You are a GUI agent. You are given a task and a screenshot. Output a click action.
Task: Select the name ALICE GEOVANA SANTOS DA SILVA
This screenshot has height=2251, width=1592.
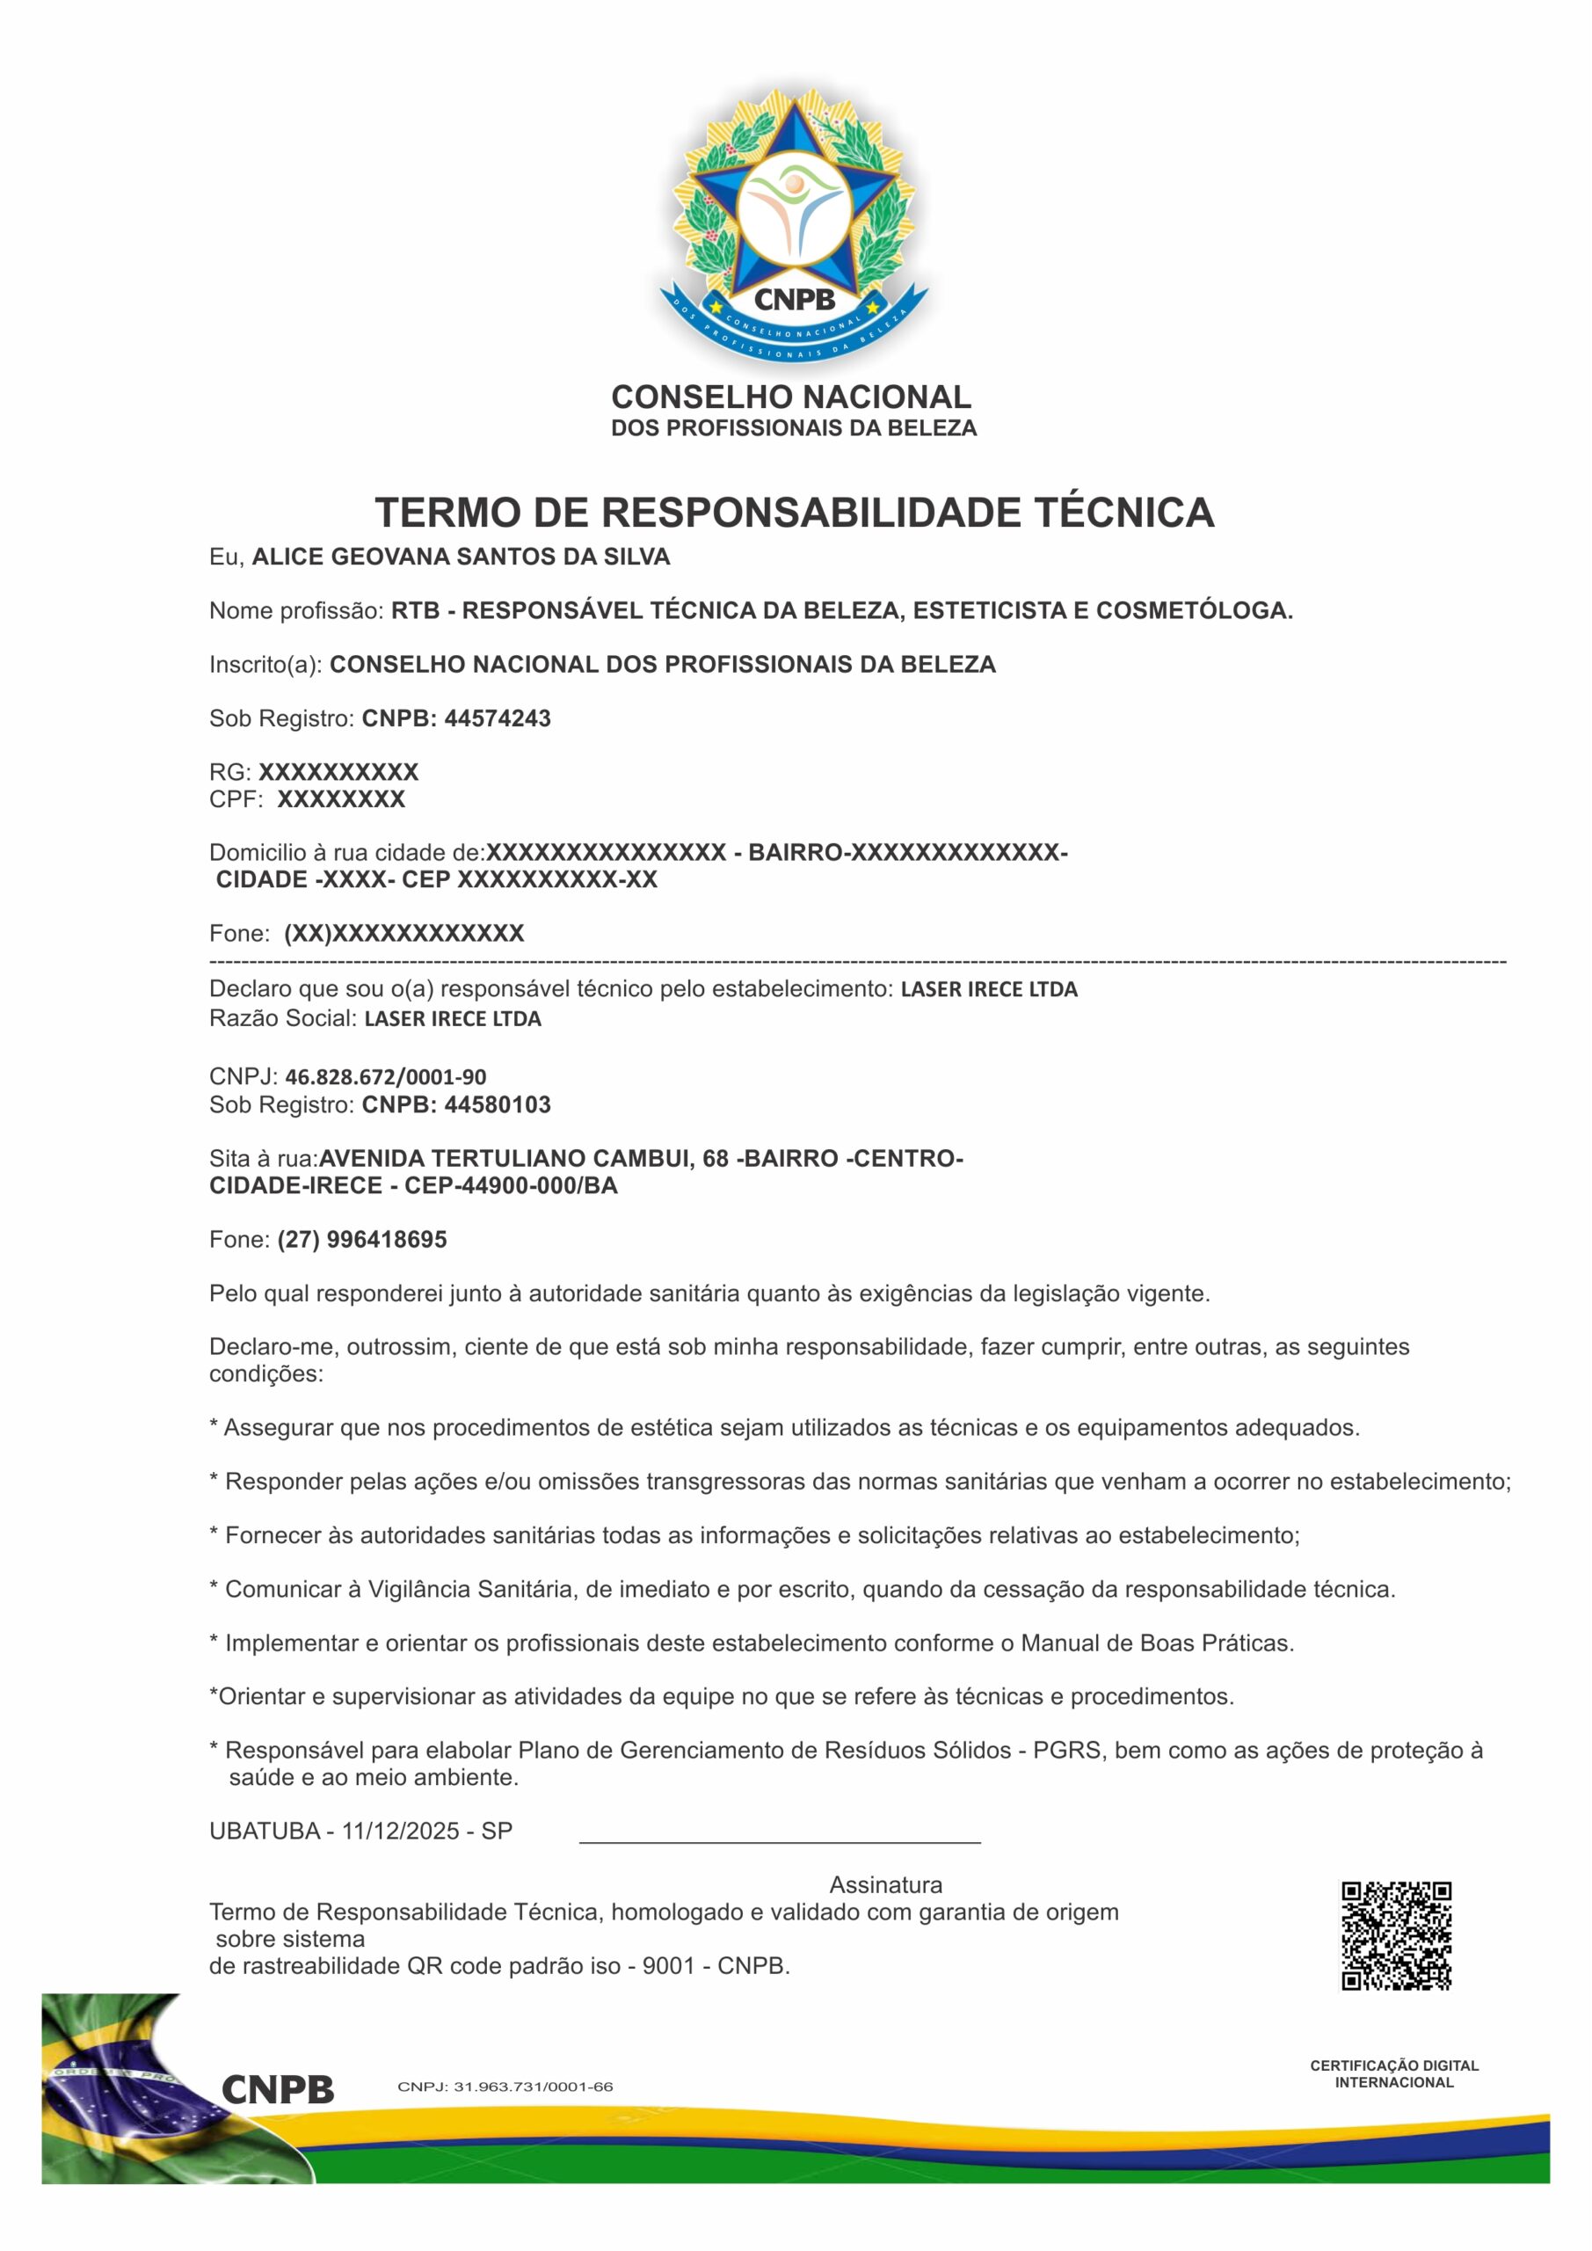point(461,557)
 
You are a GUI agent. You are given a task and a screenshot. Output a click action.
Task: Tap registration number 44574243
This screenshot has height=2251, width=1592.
point(497,718)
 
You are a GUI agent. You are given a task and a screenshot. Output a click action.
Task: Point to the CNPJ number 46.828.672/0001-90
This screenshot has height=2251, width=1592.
point(385,1076)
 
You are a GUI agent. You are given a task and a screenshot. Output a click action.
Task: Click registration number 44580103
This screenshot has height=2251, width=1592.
point(497,1105)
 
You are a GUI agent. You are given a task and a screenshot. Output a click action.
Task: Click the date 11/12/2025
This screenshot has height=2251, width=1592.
point(400,1831)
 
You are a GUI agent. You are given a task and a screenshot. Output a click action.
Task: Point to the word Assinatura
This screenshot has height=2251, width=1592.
point(885,1884)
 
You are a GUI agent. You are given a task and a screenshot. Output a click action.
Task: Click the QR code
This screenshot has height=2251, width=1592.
point(1395,1935)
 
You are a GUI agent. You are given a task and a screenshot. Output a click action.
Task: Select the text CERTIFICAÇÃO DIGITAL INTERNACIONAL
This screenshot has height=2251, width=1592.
point(1394,2073)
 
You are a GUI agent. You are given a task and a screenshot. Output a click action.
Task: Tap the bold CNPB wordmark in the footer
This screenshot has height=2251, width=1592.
point(278,2089)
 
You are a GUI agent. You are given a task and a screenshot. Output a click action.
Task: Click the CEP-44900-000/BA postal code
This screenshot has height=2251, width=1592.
point(511,1185)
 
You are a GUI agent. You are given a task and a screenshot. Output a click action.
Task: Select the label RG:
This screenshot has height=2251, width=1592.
point(230,773)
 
